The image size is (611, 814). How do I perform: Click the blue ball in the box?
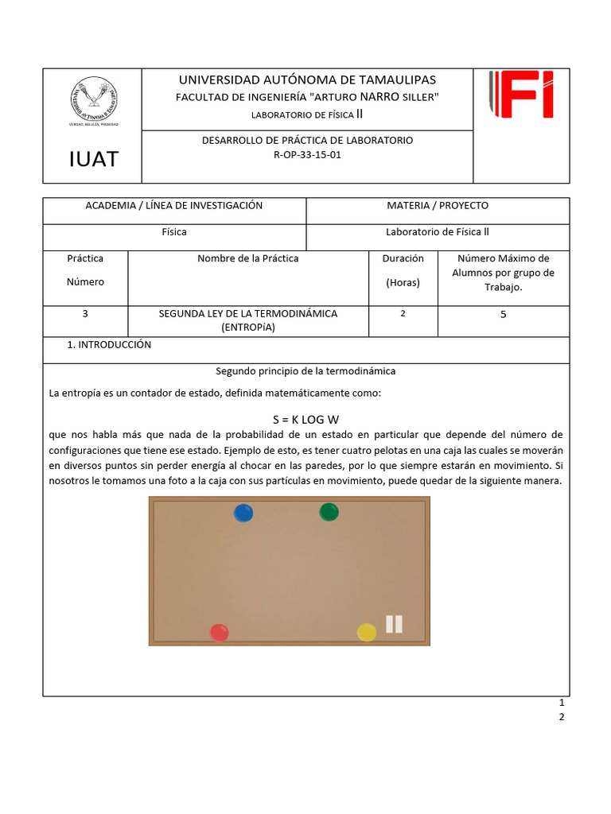coord(243,513)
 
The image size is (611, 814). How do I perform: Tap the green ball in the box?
coord(329,512)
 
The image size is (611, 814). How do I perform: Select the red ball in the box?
coord(219,633)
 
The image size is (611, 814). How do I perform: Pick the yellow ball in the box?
coord(366,632)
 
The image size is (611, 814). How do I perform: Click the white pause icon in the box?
coord(394,624)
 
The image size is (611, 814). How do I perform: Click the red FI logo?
coord(521,95)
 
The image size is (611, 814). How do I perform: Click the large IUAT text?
coord(92,159)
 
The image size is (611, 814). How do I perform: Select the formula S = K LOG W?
coord(305,419)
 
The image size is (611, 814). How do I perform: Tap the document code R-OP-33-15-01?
coord(306,155)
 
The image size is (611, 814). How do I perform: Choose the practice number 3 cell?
coord(85,314)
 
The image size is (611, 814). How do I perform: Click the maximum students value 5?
coord(503,314)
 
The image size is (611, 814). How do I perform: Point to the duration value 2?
coord(403,314)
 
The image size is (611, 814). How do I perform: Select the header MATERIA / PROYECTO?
coord(438,206)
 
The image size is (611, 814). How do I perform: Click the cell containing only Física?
coord(173,232)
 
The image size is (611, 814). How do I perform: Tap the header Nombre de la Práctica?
coord(248,258)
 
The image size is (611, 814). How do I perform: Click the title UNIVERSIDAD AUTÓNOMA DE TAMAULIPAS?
coord(307,79)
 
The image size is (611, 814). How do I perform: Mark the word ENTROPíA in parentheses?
coord(248,328)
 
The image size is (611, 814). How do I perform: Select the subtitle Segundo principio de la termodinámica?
coord(305,371)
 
